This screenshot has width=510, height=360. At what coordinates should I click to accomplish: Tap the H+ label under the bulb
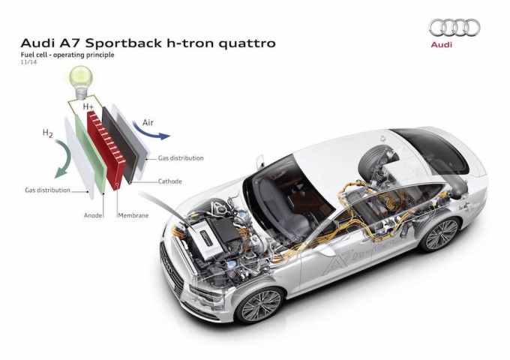click(x=88, y=106)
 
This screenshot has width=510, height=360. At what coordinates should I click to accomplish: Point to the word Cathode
click(x=169, y=181)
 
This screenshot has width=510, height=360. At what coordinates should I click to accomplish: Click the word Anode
click(x=93, y=215)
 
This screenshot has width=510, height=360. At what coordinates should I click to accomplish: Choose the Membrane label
click(x=133, y=215)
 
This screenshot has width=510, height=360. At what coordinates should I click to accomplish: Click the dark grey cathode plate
click(x=120, y=143)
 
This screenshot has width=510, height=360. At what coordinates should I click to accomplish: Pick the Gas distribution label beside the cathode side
click(x=181, y=158)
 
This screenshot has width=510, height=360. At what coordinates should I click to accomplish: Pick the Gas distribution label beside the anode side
click(x=47, y=190)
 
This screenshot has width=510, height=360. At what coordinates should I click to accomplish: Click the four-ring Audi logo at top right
click(x=454, y=27)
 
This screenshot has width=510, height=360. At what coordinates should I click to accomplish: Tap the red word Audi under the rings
click(x=441, y=44)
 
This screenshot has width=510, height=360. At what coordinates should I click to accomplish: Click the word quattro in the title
click(x=247, y=43)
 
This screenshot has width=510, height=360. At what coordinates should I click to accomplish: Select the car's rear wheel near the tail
click(x=441, y=234)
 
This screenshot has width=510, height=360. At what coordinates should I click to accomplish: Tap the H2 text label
click(x=48, y=133)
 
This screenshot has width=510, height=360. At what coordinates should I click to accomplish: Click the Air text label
click(x=148, y=123)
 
